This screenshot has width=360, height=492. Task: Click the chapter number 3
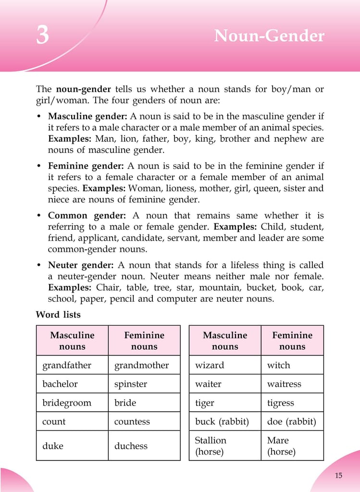[x=43, y=36]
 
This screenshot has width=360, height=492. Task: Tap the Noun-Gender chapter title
[x=269, y=36]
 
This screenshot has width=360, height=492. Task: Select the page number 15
[x=338, y=475]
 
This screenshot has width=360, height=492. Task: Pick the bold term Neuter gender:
[x=81, y=265]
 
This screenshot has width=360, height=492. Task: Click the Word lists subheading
[x=58, y=315]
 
